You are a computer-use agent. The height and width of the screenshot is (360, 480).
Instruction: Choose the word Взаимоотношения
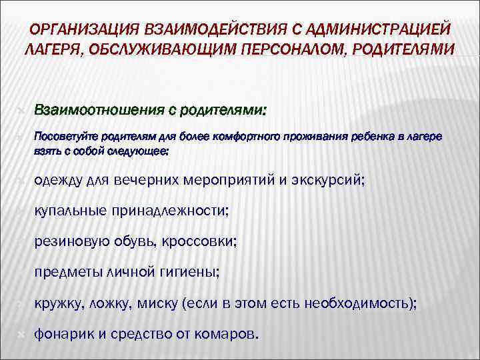coord(100,109)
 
